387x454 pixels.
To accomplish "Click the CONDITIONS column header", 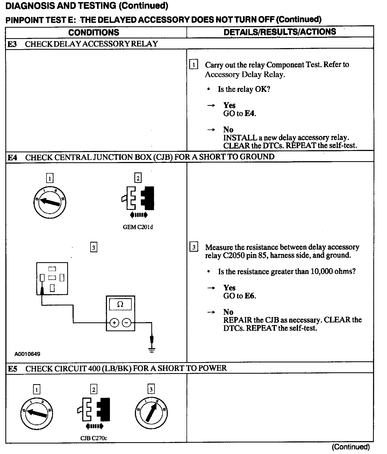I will tap(94, 32).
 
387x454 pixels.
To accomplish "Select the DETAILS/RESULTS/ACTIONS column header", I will tap(280, 32).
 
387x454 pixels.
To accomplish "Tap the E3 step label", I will tap(12, 44).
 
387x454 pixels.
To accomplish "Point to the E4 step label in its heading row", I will tap(12, 157).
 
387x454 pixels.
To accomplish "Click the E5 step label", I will tap(13, 369).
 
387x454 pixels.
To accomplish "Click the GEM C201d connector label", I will tap(138, 227).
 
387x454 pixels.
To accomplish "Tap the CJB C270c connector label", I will tap(94, 438).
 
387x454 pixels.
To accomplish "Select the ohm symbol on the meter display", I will tap(120, 304).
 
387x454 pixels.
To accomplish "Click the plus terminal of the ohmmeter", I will tap(114, 322).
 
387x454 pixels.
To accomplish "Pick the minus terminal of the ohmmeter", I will tap(127, 322).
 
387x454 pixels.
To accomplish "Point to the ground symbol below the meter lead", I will tap(152, 350).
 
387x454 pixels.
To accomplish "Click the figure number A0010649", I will tap(27, 354).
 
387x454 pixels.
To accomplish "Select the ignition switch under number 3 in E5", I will tap(151, 413).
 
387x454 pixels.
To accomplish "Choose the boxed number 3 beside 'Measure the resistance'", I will tap(194, 247).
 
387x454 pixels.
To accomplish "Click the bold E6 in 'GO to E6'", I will tap(250, 296).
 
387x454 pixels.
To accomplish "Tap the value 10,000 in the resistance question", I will tap(321, 271).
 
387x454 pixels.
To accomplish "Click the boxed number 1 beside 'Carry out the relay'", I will tap(194, 65).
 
